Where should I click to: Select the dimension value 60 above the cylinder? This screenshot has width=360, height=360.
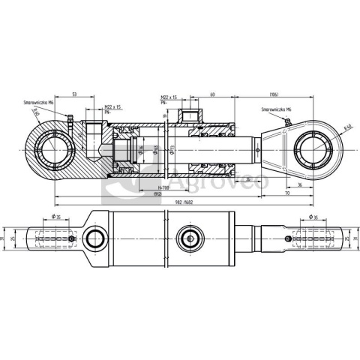[x=212, y=94]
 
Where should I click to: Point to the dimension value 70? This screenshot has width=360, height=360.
[x=286, y=193]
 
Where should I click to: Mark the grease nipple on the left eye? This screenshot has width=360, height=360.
[x=67, y=117]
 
